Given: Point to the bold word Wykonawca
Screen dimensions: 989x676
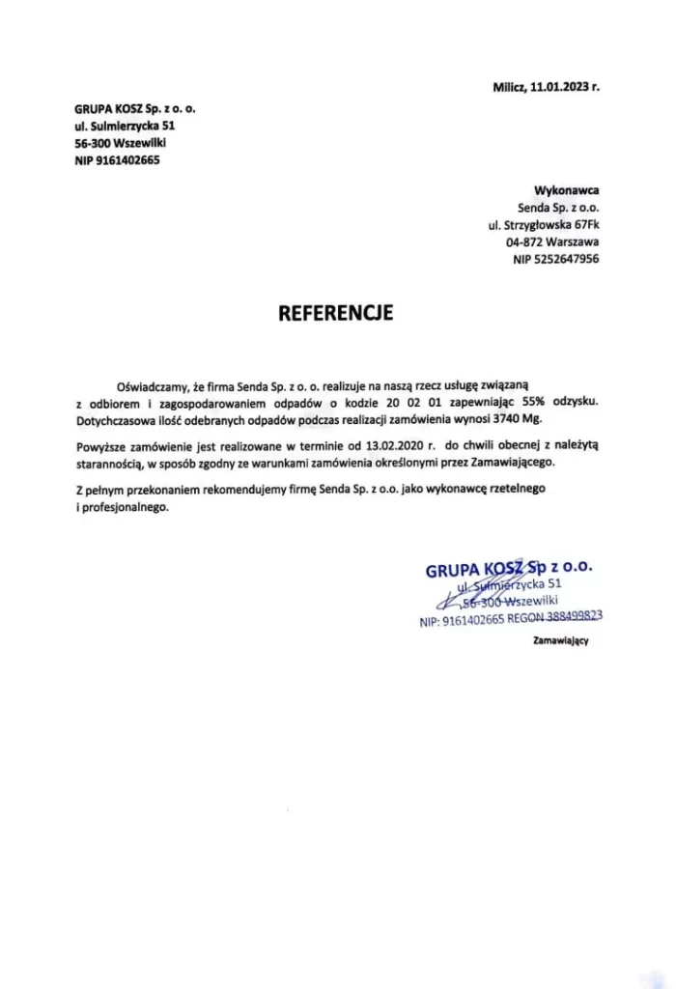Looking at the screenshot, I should (566, 190).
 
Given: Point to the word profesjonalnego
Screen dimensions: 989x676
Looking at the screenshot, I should (126, 508).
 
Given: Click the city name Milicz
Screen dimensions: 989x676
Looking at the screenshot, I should (511, 86).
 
